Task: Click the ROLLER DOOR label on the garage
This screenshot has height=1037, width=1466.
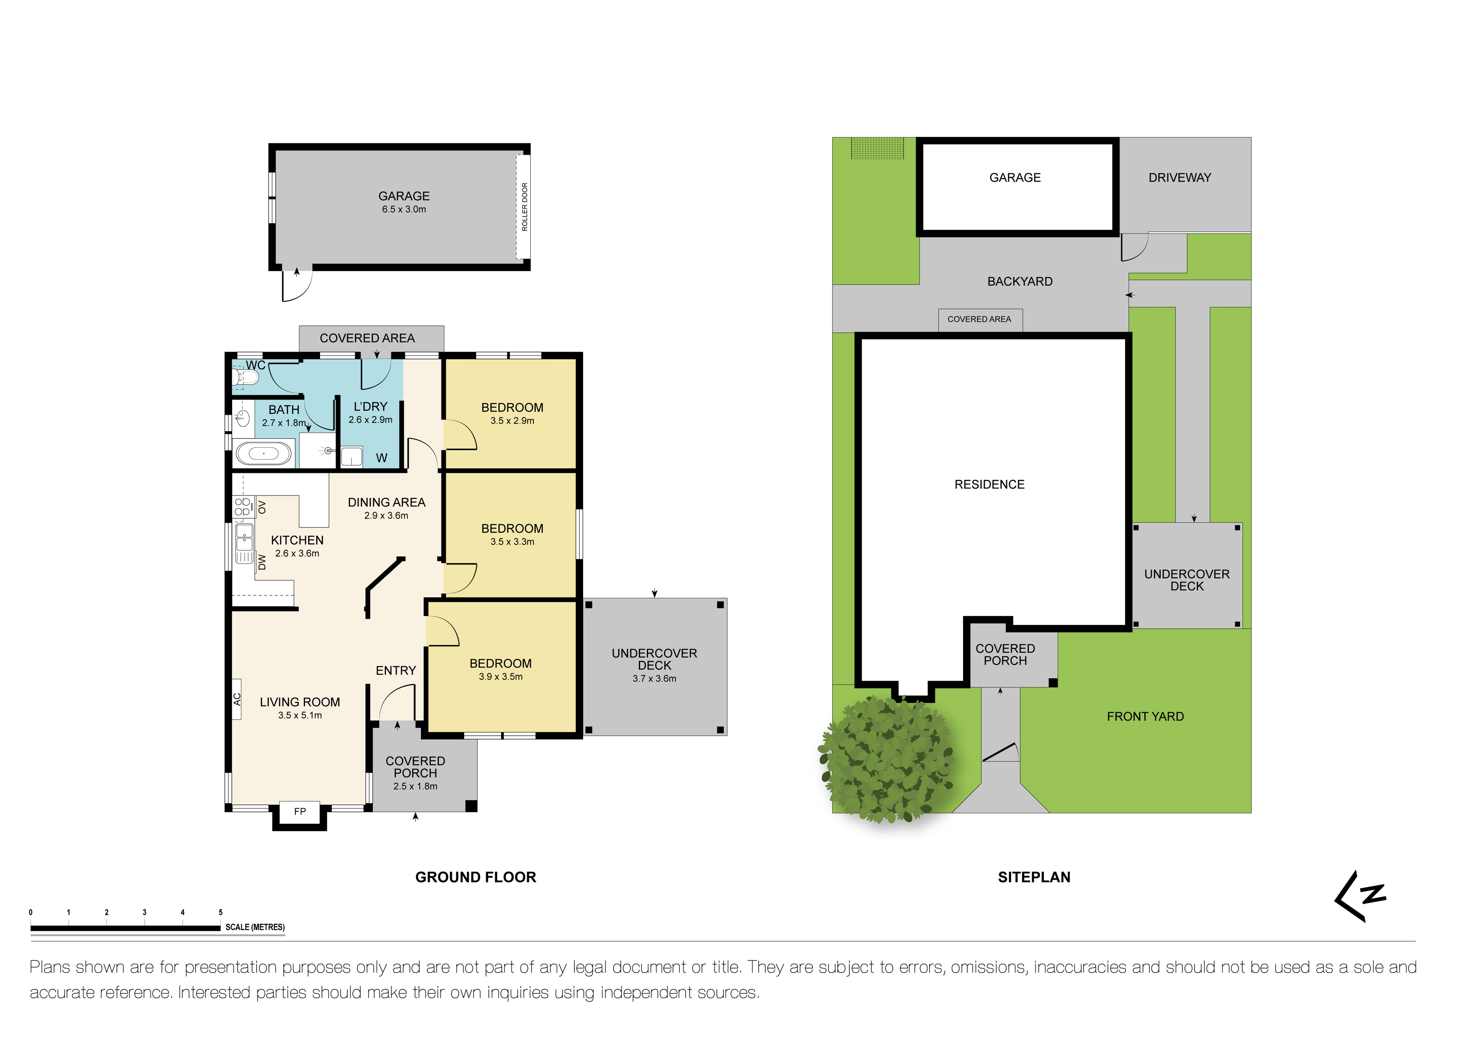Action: pos(525,207)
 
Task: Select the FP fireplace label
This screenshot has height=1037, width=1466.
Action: pos(300,812)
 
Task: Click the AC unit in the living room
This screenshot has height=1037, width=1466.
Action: pos(237,699)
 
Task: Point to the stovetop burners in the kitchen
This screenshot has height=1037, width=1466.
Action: pos(242,507)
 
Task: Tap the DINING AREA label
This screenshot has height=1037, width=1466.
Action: pos(386,503)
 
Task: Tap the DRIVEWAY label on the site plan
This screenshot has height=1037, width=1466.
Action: pos(1179,178)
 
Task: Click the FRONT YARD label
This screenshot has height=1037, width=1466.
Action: pos(1145,717)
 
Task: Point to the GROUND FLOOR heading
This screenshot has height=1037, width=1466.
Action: pos(476,877)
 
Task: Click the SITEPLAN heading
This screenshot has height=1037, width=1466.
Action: pos(1034,877)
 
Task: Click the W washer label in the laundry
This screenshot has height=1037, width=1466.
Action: pos(382,458)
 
